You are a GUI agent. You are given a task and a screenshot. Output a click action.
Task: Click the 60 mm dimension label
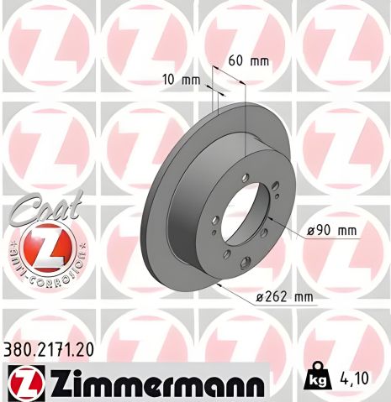point(248,60)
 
